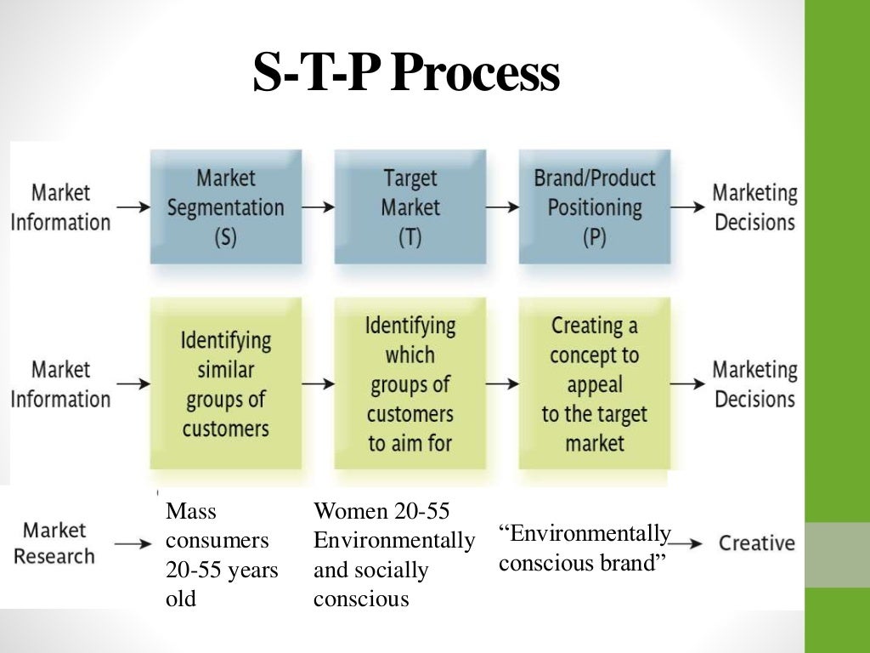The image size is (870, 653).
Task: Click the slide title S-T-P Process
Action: click(406, 74)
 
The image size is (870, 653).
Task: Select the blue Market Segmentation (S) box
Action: click(225, 207)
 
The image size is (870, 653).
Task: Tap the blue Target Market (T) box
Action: click(410, 207)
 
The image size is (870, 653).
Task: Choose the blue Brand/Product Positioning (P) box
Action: click(594, 207)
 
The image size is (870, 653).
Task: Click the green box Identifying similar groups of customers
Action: click(225, 383)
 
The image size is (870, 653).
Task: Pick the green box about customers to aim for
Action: click(410, 383)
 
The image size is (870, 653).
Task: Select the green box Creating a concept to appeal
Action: click(594, 383)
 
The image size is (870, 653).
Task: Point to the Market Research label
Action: click(54, 543)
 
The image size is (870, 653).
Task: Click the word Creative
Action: click(757, 543)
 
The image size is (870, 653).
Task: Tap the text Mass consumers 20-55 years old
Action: click(221, 555)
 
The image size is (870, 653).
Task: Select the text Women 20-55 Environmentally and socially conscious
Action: click(393, 555)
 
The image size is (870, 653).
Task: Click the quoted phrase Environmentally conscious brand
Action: click(585, 548)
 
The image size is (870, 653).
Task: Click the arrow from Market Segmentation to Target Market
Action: click(318, 207)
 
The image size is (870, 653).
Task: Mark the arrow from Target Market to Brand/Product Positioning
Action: click(502, 207)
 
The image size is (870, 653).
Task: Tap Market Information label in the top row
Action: click(60, 207)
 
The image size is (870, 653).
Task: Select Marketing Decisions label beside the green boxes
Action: click(755, 383)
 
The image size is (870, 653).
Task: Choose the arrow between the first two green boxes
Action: click(318, 383)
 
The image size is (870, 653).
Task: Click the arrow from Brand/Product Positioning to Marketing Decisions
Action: click(688, 207)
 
